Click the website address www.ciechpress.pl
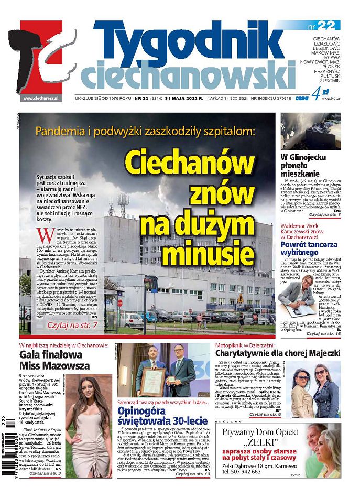(x=41, y=98)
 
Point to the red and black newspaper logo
(x=42, y=58)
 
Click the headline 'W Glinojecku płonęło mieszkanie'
(x=303, y=165)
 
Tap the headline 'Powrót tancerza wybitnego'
(x=303, y=247)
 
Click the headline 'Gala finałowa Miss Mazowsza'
(x=54, y=360)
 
